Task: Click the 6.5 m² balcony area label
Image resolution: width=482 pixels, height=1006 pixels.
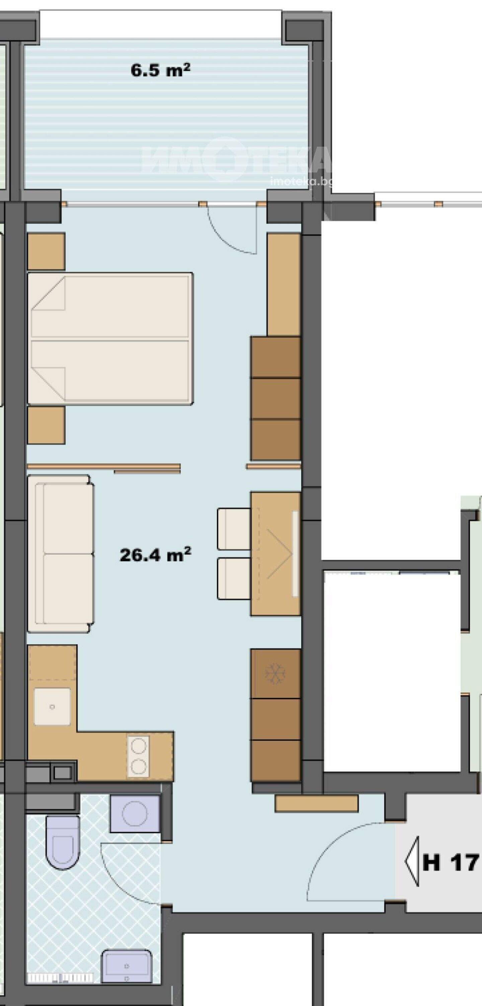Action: point(160,70)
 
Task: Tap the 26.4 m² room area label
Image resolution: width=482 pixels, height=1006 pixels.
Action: point(155,554)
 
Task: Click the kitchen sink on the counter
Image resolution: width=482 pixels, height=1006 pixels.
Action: point(52,707)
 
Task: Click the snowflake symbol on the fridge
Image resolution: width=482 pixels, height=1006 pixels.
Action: point(275,672)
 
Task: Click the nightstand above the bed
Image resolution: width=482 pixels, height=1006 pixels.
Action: point(46,251)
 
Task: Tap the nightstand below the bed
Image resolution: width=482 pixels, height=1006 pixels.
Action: point(46,425)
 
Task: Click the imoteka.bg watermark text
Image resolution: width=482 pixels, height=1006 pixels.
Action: point(301,182)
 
